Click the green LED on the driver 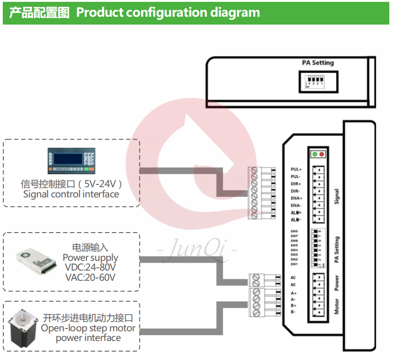pyautogui.click(x=315, y=154)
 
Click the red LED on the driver pyautogui.click(x=322, y=154)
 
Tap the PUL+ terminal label pyautogui.click(x=296, y=170)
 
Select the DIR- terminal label pyautogui.click(x=295, y=191)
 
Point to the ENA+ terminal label pyautogui.click(x=296, y=198)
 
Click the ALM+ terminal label pyautogui.click(x=296, y=212)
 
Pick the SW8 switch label pyautogui.click(x=294, y=231)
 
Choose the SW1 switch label pyautogui.click(x=294, y=264)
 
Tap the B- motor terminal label pyautogui.click(x=293, y=312)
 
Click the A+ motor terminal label pyautogui.click(x=293, y=293)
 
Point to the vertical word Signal pyautogui.click(x=337, y=196)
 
